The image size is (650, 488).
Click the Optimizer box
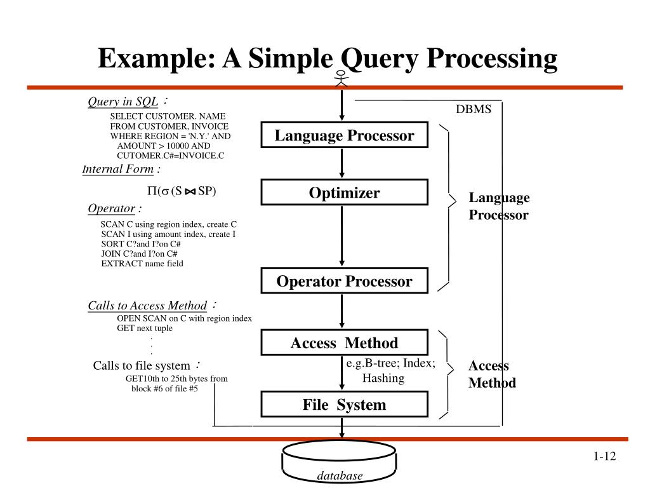[344, 192]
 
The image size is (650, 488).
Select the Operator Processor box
[344, 281]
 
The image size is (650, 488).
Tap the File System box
[344, 404]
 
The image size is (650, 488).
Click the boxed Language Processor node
[344, 135]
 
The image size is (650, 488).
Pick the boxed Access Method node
[344, 342]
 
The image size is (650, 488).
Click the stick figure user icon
[341, 78]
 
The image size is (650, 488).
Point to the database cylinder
[339, 462]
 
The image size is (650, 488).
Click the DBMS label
[474, 109]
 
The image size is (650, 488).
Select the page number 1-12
[604, 456]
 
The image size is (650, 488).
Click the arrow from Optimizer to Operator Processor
[342, 236]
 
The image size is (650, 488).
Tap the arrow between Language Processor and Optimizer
[342, 163]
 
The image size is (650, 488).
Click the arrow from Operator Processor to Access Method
[342, 311]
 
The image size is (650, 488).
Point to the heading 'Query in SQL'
[123, 102]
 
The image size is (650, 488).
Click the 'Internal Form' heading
[118, 169]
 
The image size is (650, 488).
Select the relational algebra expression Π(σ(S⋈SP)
[182, 191]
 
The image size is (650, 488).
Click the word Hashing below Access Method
[383, 378]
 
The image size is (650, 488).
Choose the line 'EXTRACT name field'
[142, 264]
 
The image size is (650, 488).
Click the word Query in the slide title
[380, 59]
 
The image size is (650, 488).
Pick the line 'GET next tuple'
[145, 329]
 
